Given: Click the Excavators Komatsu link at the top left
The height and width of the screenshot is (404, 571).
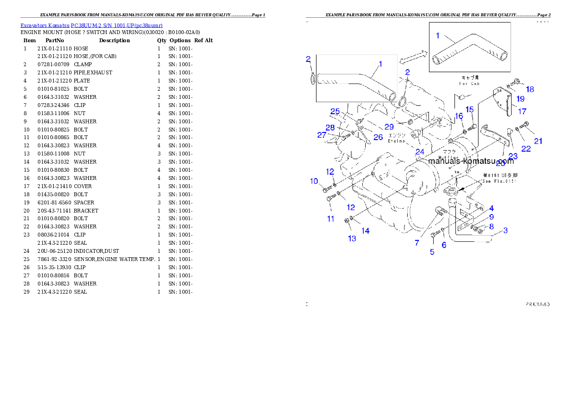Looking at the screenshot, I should point(91,25).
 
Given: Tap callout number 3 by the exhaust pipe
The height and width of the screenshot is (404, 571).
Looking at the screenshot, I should point(505,230).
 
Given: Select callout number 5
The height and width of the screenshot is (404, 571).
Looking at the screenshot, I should point(432,252).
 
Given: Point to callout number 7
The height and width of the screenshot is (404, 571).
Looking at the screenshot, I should point(417,243).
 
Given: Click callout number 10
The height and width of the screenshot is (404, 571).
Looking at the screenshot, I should point(314,181).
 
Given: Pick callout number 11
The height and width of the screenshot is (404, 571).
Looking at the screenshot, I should point(330,219).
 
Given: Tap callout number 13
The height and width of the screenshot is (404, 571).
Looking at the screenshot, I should point(352,238).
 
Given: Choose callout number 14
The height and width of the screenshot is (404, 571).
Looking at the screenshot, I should point(366,231).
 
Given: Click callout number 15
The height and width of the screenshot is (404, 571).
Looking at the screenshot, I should point(469,110).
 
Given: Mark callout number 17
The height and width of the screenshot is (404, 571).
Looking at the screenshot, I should point(522,110).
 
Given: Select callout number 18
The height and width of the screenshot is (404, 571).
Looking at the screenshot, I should point(530,89).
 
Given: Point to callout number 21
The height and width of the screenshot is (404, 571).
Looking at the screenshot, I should point(538,141).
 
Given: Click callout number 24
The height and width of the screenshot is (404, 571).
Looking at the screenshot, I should point(420,152).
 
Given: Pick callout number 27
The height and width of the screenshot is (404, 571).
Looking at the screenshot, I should point(321,135).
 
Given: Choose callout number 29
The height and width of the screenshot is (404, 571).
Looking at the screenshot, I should point(389,127).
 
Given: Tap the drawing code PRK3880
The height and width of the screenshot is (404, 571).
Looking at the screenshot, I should point(537,304).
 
